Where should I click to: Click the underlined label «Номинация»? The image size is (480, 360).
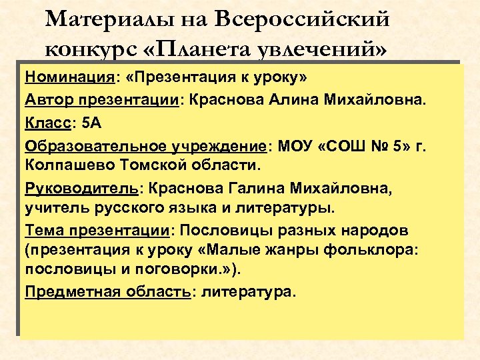(x=69, y=77)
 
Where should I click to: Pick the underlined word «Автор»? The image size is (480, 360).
(x=47, y=100)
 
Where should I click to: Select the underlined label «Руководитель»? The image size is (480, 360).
(x=79, y=189)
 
